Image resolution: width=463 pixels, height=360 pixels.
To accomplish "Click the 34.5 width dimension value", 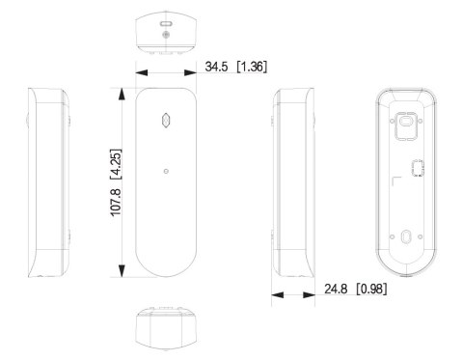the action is click(216, 67).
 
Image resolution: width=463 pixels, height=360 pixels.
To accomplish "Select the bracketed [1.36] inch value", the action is click(252, 67).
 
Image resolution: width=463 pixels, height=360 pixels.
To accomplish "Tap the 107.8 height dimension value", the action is click(116, 202).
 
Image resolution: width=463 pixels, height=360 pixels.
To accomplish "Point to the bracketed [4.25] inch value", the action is click(116, 164).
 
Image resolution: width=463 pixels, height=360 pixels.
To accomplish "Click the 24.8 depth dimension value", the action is click(336, 289).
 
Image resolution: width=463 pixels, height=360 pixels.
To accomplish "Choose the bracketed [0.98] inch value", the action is click(371, 289).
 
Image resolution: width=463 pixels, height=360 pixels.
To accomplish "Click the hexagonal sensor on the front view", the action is click(166, 121).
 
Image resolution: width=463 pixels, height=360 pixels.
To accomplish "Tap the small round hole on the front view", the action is click(166, 171).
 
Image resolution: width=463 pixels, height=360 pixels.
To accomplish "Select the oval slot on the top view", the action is click(166, 24).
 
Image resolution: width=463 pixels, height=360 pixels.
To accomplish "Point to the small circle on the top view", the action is click(166, 35).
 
